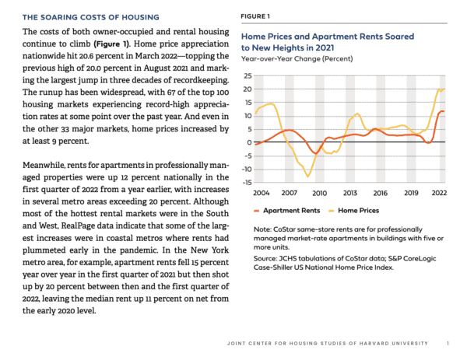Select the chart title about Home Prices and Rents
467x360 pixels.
pos(328,43)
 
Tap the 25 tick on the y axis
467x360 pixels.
pos(248,76)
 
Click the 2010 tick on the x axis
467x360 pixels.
pos(318,192)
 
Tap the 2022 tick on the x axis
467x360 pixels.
pos(439,192)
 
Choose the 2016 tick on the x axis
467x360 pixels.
pos(379,192)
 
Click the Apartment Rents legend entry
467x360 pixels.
pos(290,210)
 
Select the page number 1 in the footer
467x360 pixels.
pos(448,343)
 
